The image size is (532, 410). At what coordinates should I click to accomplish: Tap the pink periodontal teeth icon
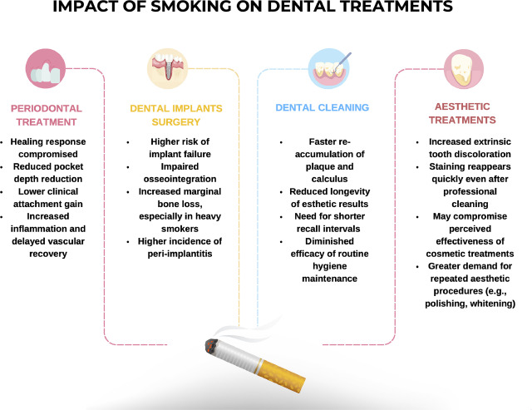[x=46, y=68]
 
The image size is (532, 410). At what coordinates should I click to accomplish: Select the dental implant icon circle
[x=167, y=68]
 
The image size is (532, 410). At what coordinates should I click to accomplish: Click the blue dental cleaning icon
[x=329, y=68]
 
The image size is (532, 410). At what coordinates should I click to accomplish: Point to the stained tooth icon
[x=464, y=69]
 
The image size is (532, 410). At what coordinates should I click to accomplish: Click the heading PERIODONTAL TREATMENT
[x=47, y=115]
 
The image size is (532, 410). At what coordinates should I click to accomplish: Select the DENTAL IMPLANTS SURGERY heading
[x=176, y=115]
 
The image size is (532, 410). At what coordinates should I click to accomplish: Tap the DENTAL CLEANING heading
[x=322, y=107]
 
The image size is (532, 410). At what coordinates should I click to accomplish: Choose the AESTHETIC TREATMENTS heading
[x=462, y=113]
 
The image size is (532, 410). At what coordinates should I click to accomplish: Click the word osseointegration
[x=180, y=179]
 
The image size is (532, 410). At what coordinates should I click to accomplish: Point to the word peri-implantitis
[x=180, y=254]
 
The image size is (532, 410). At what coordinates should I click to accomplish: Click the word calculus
[x=329, y=179]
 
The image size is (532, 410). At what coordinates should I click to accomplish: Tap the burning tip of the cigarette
[x=211, y=346]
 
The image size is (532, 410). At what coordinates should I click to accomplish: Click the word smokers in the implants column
[x=180, y=229]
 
